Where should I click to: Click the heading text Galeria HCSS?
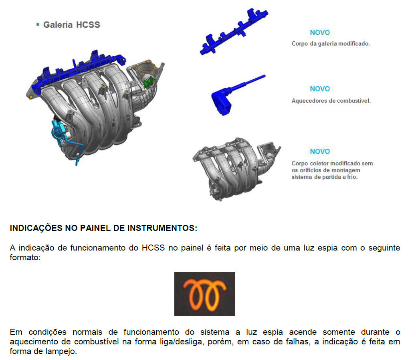point(72,25)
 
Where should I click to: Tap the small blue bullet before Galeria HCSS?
point(38,25)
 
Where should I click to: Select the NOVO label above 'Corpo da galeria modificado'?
point(320,32)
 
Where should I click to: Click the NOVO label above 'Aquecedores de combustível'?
point(320,89)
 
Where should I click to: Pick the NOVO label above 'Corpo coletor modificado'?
point(320,152)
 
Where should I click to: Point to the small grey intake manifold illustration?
point(236,168)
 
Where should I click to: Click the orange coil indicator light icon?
point(204,294)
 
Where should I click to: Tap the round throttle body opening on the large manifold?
point(146,69)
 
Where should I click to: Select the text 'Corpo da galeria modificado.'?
point(331,44)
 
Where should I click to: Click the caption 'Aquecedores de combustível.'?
point(331,101)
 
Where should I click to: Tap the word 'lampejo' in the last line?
point(61,352)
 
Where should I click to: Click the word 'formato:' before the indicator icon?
point(25,258)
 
